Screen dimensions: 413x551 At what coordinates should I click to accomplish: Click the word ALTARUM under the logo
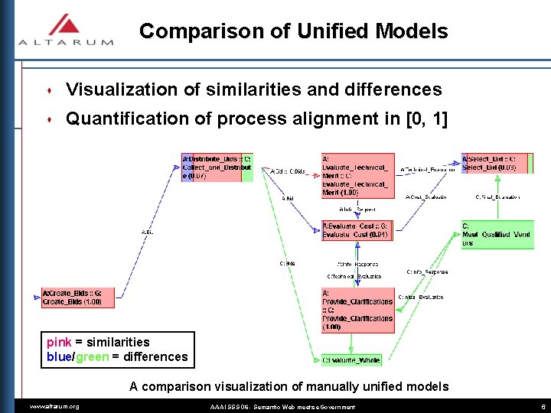[66, 42]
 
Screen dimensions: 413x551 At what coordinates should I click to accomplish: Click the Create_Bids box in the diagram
[77, 298]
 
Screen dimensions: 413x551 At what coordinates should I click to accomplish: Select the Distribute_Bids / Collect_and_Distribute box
[217, 167]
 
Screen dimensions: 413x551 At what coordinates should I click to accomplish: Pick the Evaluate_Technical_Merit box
[357, 175]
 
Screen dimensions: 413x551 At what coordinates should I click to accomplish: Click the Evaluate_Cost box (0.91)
[357, 230]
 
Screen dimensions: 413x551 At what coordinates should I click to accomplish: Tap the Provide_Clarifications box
[357, 310]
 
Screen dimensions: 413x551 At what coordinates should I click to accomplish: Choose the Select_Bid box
[497, 163]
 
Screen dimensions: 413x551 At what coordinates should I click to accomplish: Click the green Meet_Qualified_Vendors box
[497, 235]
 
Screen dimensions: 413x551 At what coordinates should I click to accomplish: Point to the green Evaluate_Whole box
[350, 359]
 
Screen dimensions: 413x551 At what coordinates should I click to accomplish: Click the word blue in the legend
[59, 356]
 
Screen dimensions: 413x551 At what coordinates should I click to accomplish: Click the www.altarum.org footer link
[54, 407]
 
